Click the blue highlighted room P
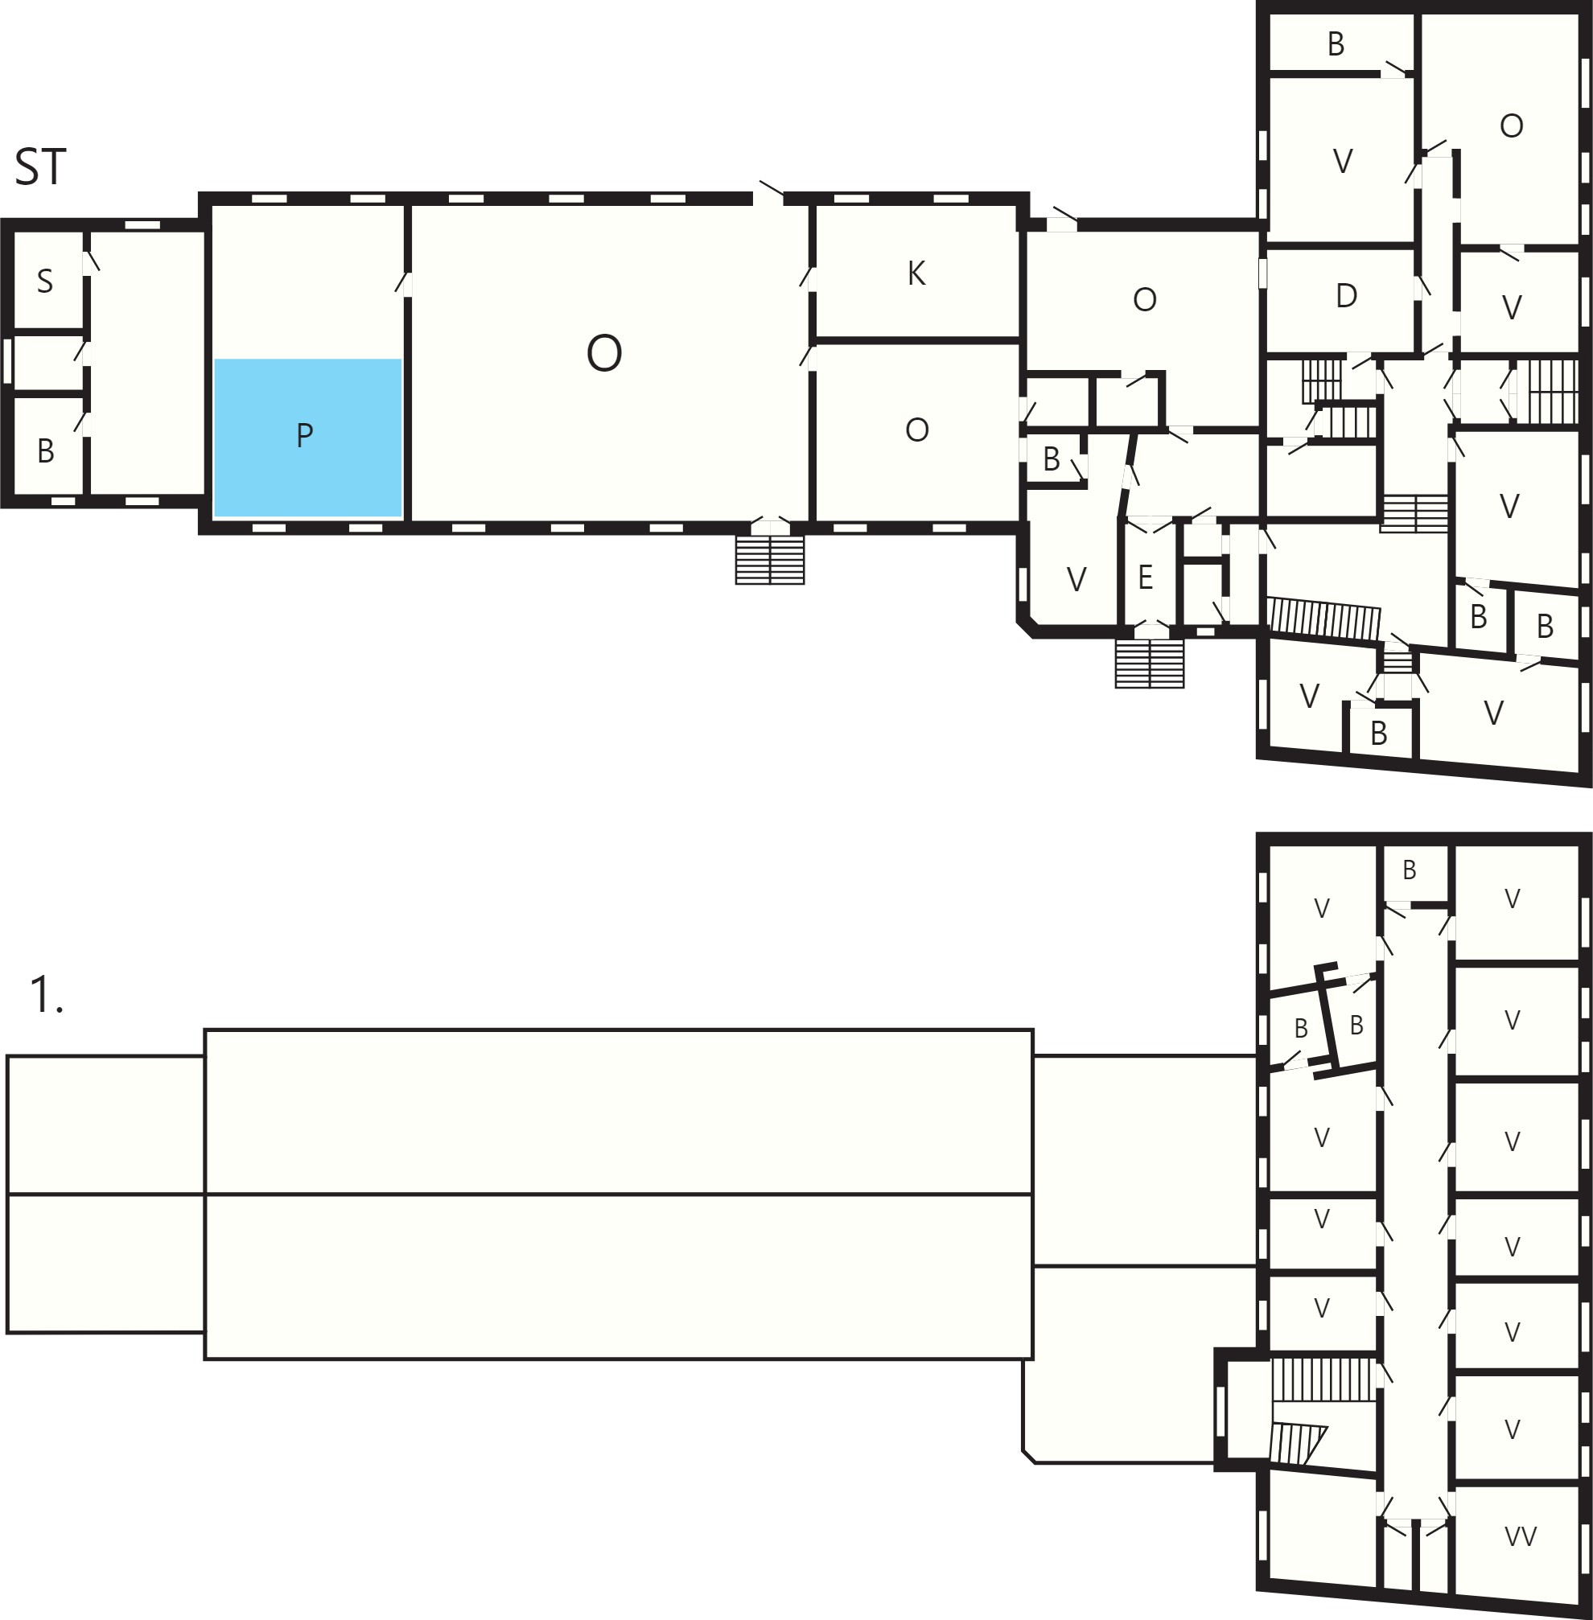[308, 438]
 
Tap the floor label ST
[40, 167]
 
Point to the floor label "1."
[46, 994]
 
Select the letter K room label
[916, 273]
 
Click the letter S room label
[45, 281]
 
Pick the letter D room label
[1346, 295]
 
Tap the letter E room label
[1146, 577]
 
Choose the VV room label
[1521, 1536]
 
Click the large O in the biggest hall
[604, 353]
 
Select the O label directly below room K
[917, 430]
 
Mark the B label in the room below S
[46, 451]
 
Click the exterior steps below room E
[1150, 664]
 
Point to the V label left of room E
[1076, 579]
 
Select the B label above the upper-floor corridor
[1410, 870]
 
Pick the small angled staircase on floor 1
[1298, 1444]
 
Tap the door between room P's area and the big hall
[405, 282]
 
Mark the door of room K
[809, 277]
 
